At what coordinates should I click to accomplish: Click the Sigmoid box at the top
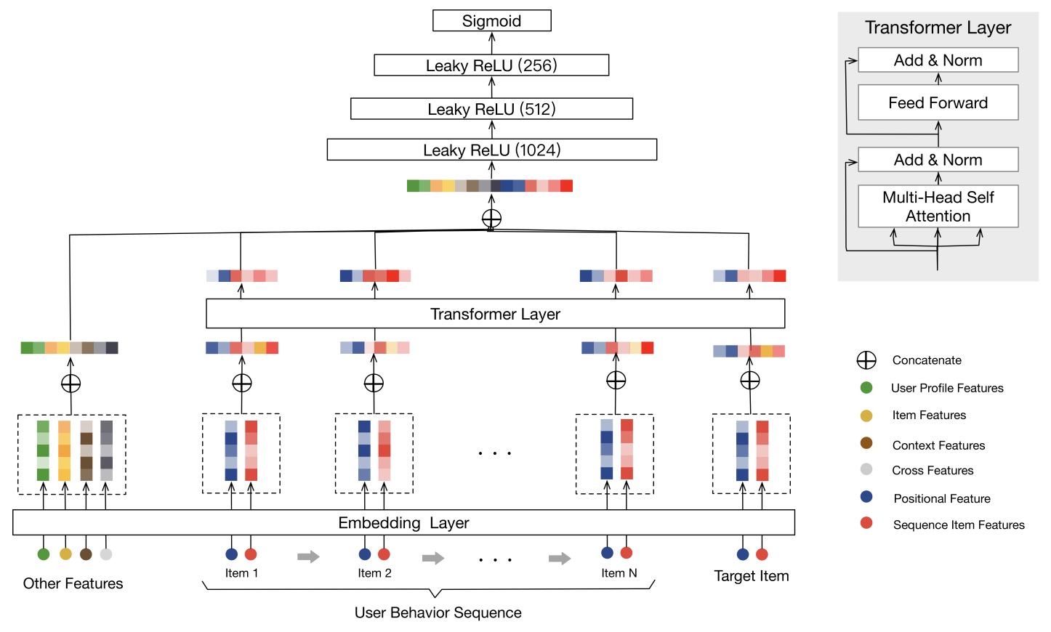point(491,21)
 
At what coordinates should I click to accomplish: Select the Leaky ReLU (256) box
point(491,65)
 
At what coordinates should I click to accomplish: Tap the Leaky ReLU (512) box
point(491,109)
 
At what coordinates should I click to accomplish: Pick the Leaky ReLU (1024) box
point(491,150)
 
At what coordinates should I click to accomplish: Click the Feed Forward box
point(938,103)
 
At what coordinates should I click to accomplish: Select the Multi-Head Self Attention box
point(938,207)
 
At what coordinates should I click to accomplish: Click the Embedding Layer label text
point(403,523)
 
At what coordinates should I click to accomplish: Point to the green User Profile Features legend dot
point(866,388)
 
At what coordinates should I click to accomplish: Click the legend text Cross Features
point(933,471)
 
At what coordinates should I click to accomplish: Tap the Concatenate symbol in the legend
point(866,360)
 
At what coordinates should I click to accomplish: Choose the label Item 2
point(374,573)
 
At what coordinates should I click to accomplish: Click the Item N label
point(619,573)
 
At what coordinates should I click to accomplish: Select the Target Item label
point(751,576)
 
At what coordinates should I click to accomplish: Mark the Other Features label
point(73,583)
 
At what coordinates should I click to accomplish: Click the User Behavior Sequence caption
point(438,612)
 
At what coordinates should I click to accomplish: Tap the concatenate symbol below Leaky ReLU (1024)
point(491,218)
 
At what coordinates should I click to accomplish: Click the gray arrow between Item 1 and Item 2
point(308,557)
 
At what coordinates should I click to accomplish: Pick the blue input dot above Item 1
point(232,554)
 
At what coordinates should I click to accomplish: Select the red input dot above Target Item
point(762,554)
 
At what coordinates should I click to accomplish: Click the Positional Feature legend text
point(942,498)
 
